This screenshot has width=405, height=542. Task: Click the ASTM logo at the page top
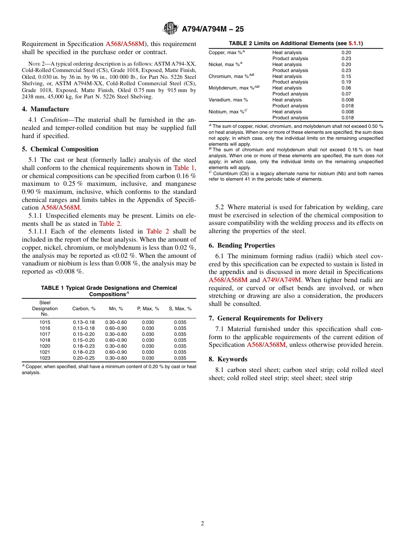coord(171,29)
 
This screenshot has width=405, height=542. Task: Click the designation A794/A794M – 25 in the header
coord(213,29)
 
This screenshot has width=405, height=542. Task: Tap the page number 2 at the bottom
coord(202,524)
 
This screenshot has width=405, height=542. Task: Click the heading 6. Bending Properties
coord(242,245)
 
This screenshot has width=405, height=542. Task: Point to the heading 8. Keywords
coord(228,359)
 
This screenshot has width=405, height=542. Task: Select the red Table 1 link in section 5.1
coord(184,168)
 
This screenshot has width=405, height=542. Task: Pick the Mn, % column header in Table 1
coord(116,308)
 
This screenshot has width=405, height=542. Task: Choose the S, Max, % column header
coord(180,308)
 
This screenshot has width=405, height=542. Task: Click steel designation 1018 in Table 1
coord(45,340)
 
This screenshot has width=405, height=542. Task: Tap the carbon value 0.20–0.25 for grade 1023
coord(84,358)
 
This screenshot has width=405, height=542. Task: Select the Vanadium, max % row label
coord(228,100)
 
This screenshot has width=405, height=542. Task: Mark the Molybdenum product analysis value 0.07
coord(347,94)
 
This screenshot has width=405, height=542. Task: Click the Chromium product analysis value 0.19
coord(347,82)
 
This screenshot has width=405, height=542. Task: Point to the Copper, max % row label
coord(226,52)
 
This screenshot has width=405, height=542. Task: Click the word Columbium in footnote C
coord(225,173)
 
